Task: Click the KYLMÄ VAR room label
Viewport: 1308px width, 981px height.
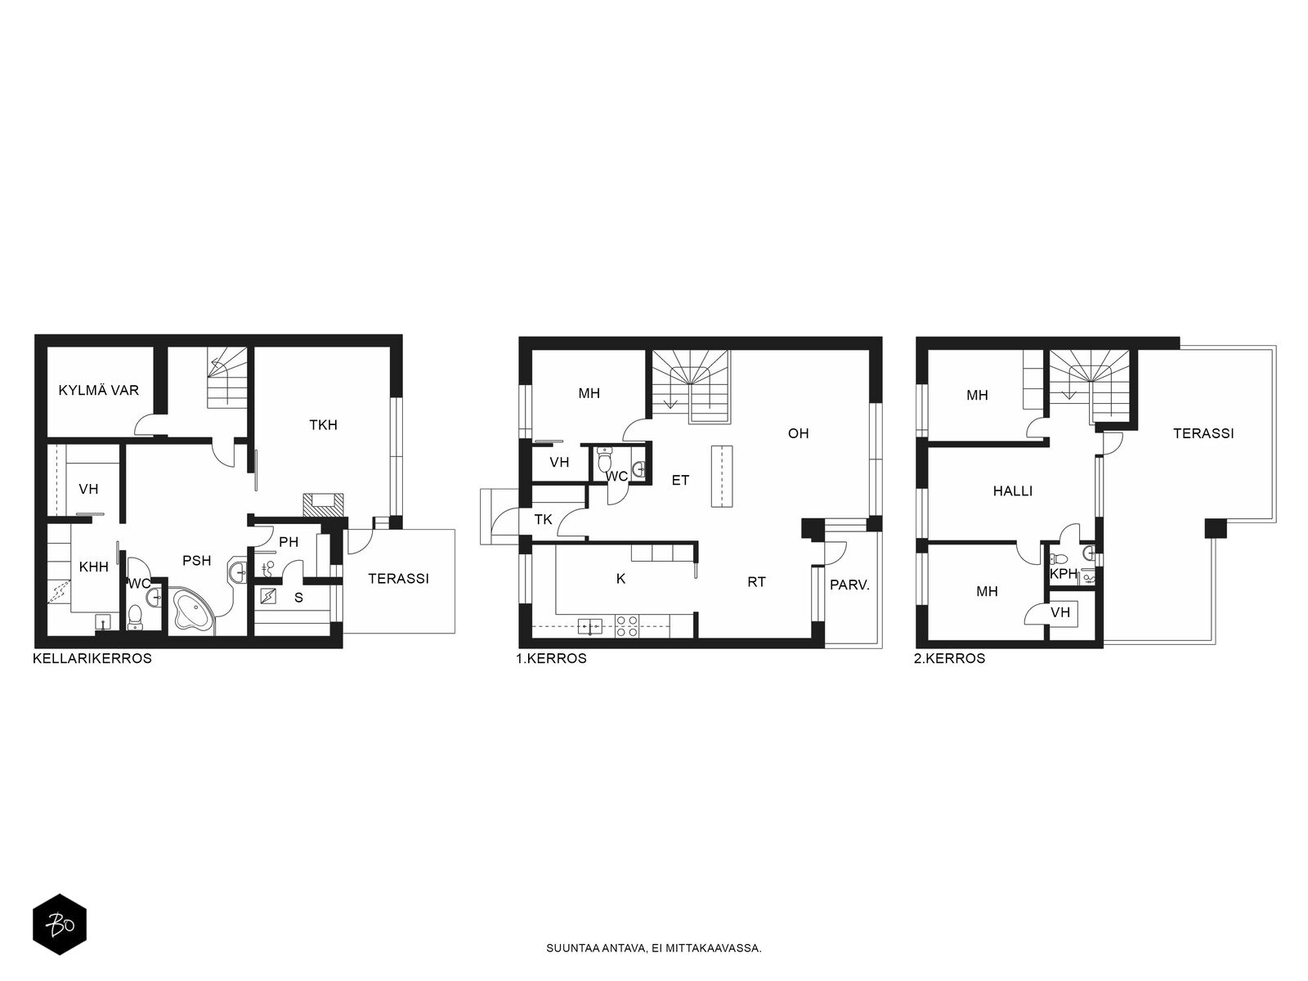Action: (98, 390)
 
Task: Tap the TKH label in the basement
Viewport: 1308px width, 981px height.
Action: (323, 424)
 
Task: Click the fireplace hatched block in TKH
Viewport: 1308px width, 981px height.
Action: (325, 504)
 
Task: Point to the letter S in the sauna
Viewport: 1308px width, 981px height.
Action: (298, 598)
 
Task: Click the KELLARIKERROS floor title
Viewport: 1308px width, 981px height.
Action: (92, 658)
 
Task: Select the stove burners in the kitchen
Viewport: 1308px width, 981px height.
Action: (626, 626)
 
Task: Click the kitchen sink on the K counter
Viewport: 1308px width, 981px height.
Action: (589, 626)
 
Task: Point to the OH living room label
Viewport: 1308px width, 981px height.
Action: (798, 433)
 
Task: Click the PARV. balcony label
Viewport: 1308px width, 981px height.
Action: (849, 585)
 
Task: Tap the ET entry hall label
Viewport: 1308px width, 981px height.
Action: (680, 480)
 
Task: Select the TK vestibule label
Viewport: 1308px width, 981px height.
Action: (543, 519)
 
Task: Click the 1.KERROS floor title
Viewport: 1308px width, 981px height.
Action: (551, 658)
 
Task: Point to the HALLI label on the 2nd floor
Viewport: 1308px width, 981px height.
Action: (1012, 490)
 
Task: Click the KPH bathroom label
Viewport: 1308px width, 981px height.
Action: (1064, 574)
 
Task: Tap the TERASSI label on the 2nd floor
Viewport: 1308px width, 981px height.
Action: (1203, 433)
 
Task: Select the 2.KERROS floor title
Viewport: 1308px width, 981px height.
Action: (949, 658)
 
